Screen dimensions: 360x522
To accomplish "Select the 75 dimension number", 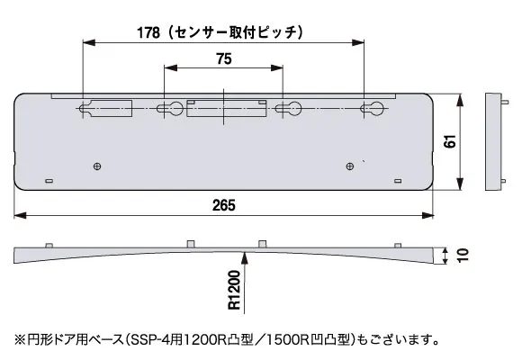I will point(225,58).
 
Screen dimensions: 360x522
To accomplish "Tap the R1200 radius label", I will point(234,291).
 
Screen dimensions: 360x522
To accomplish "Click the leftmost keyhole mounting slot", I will point(87,110).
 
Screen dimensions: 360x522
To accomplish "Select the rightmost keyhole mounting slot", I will point(369,110).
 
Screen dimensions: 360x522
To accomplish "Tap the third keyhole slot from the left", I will point(288,110).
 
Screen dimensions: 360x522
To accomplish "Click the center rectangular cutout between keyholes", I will point(227,110).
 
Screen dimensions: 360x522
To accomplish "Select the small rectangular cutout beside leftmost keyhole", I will point(117,108).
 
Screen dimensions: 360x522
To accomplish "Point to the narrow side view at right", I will point(492,140).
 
